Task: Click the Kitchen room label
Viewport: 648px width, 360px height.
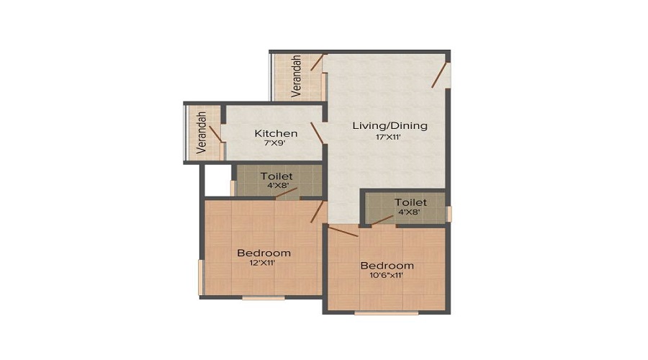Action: [x=276, y=133]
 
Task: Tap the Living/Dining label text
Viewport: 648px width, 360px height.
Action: [x=390, y=125]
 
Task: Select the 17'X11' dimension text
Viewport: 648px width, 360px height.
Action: [x=387, y=137]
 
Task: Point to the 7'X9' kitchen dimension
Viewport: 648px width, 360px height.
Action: [x=276, y=144]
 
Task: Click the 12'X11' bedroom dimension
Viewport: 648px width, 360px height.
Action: [x=264, y=264]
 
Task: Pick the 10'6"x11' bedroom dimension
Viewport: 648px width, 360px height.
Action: [x=387, y=275]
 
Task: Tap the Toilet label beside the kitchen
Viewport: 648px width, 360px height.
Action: [x=276, y=175]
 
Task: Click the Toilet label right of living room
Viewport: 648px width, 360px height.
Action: [x=410, y=202]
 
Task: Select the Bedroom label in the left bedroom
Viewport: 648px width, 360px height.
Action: [x=264, y=253]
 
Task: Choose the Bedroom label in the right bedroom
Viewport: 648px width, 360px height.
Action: [x=387, y=265]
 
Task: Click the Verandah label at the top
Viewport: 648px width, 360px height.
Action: [x=296, y=76]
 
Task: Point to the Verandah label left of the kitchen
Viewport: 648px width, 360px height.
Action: [x=202, y=132]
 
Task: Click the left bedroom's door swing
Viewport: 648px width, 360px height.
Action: [x=316, y=212]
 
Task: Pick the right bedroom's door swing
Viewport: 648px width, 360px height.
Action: [x=343, y=231]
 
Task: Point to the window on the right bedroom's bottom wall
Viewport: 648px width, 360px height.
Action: [x=386, y=313]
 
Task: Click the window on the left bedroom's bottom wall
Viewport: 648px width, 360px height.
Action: [x=263, y=297]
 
